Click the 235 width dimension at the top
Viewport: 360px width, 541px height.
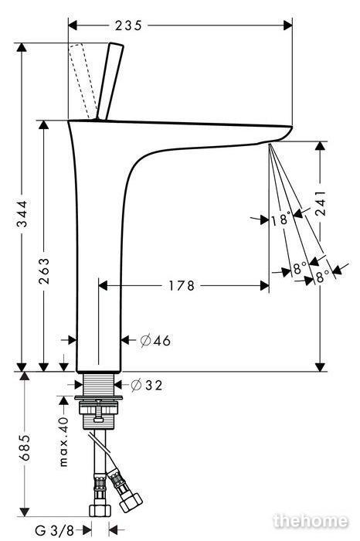coord(128,26)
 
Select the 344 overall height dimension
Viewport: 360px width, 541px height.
coord(22,214)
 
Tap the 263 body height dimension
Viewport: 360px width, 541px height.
coord(44,270)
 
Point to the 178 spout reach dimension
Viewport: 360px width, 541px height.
coord(182,286)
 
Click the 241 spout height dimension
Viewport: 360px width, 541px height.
coord(321,202)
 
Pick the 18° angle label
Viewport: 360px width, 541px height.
coord(281,219)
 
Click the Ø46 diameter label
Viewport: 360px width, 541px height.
coord(155,341)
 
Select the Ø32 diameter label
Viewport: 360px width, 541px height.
coord(147,385)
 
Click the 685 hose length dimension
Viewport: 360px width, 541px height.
coord(25,447)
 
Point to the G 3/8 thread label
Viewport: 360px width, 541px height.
coord(55,530)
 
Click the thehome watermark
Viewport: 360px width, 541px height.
coord(311,521)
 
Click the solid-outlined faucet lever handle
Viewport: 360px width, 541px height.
coord(110,81)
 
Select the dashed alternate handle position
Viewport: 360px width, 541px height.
coord(83,81)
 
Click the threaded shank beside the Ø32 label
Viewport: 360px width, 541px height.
coord(99,385)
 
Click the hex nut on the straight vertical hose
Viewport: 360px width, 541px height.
coord(100,511)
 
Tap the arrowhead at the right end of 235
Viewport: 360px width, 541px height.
coord(287,26)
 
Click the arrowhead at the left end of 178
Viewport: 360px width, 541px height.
coord(104,286)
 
